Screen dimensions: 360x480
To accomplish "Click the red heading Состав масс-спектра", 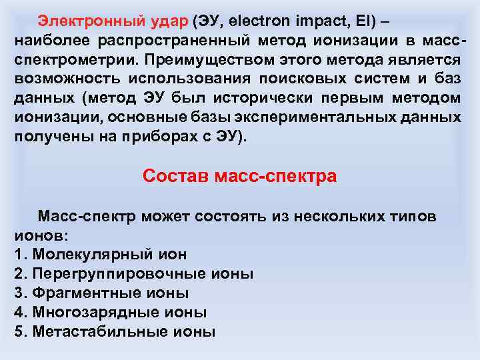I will pos(240,177).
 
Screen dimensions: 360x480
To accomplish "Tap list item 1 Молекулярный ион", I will pos(100,254).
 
